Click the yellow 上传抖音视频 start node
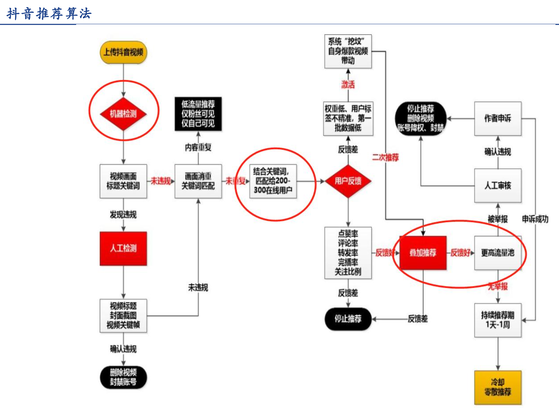click(x=123, y=52)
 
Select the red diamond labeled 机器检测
click(x=123, y=114)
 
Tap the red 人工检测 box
click(x=123, y=248)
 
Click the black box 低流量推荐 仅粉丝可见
click(x=198, y=114)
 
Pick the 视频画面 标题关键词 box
click(x=123, y=181)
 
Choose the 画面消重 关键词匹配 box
click(x=198, y=181)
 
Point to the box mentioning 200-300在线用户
click(x=273, y=181)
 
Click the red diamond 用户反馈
click(x=348, y=181)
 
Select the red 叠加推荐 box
click(x=423, y=253)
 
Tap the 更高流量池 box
click(x=498, y=253)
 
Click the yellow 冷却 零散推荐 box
click(x=498, y=387)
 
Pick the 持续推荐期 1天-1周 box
click(x=498, y=320)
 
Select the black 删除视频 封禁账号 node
click(x=123, y=377)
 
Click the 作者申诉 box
click(x=498, y=118)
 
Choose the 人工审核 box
click(x=498, y=186)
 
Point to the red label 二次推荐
click(x=385, y=157)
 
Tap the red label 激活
click(x=348, y=85)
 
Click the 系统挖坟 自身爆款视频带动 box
click(x=348, y=51)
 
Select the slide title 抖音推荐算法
click(x=49, y=14)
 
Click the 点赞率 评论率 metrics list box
click(x=348, y=253)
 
